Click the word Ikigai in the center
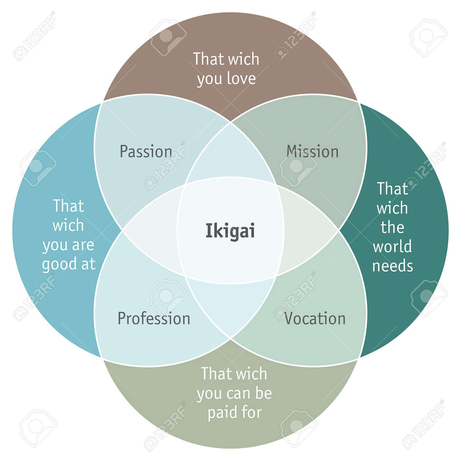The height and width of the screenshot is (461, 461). point(230,232)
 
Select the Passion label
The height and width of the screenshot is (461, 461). point(146,152)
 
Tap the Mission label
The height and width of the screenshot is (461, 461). point(312,152)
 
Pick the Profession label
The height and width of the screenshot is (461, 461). point(154,318)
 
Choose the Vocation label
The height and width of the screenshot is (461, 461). point(315,318)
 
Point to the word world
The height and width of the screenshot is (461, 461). point(392,246)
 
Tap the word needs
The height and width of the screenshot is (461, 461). point(393,266)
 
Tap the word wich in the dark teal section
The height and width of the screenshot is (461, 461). point(392,208)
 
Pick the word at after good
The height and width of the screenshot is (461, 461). point(88,264)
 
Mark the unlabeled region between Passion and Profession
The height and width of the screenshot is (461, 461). point(152,230)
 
